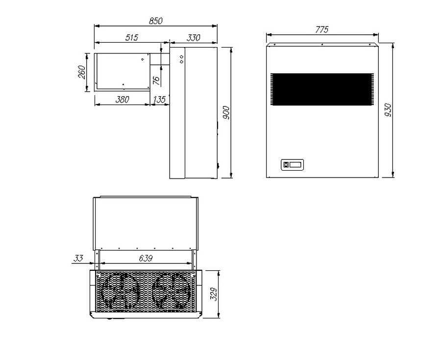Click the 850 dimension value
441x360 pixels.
tap(155, 21)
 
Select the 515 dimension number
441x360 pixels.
tap(132, 38)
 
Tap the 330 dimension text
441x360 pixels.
tap(194, 38)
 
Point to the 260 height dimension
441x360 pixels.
tap(81, 72)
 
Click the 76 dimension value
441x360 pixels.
tap(156, 81)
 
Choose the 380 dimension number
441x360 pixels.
tap(122, 100)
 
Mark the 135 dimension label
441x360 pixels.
tap(159, 100)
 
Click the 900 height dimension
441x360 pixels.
tap(226, 113)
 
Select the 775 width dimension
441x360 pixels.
tap(322, 29)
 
